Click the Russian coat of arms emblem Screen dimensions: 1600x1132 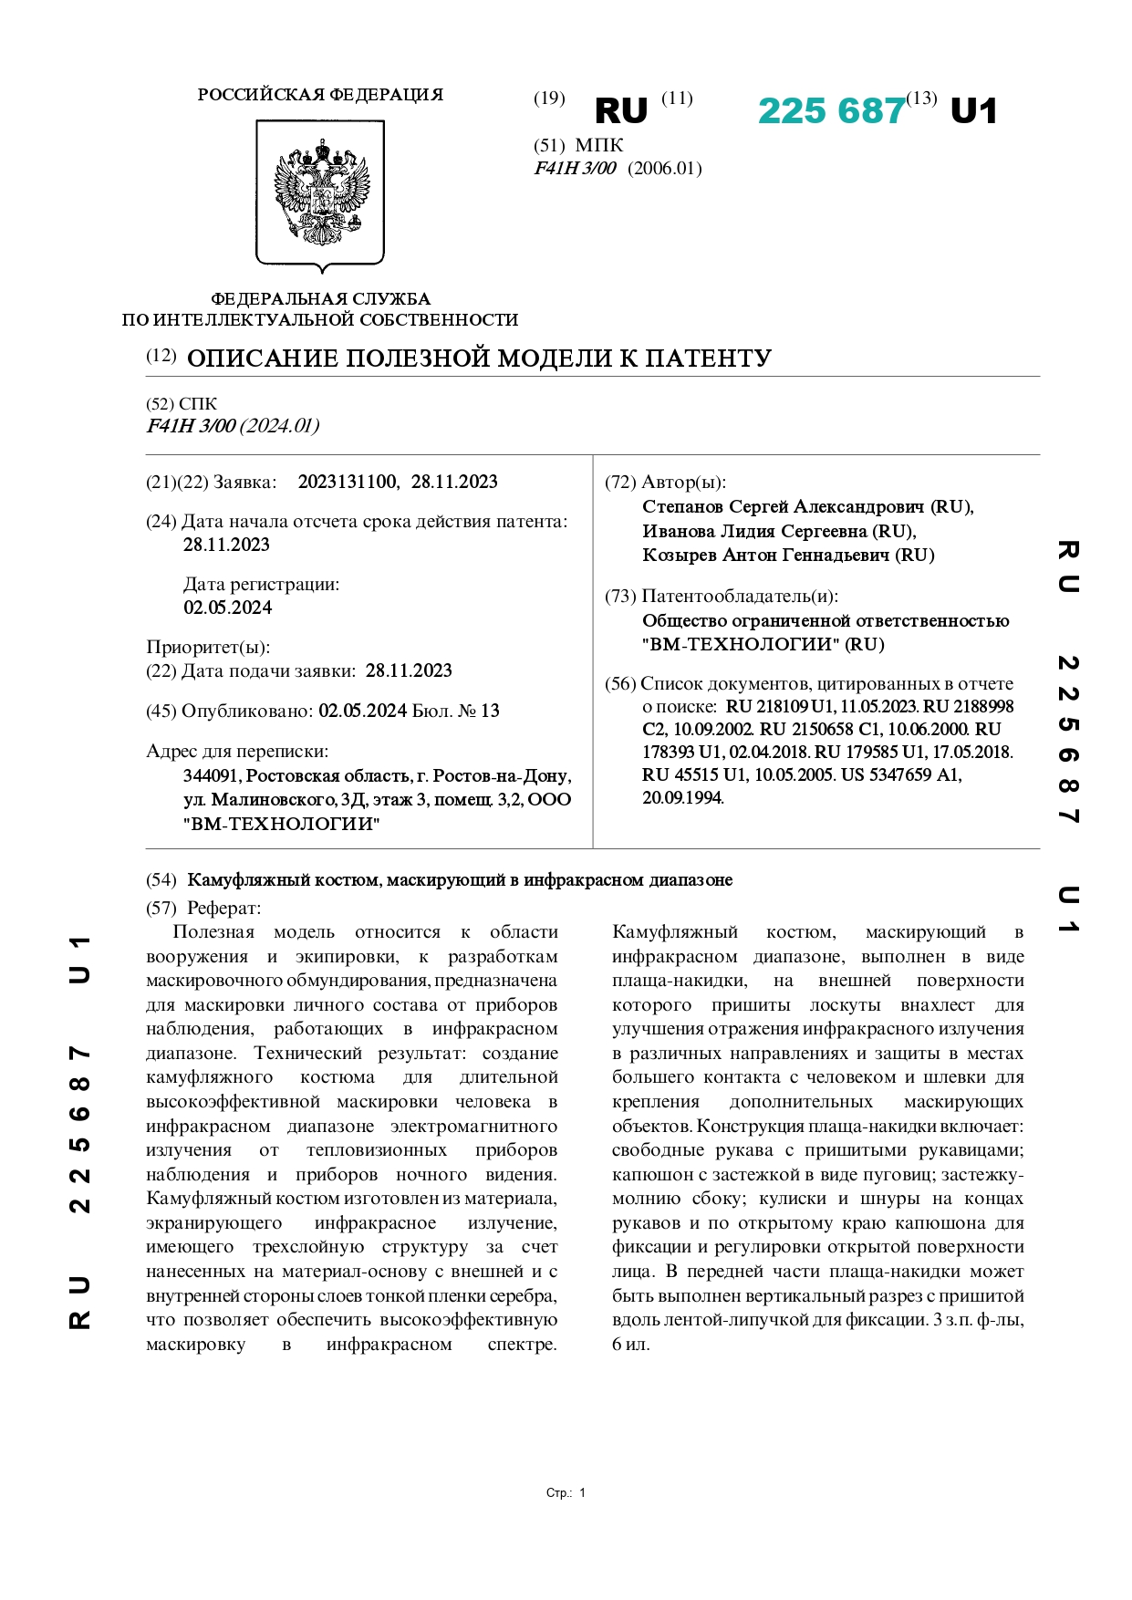[x=320, y=194]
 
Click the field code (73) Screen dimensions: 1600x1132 [x=620, y=597]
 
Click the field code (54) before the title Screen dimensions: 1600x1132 [x=161, y=880]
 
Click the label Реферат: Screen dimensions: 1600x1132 [x=223, y=908]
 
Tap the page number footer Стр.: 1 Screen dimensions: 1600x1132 [x=566, y=1493]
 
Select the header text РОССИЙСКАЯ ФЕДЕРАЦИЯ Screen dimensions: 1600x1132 [x=320, y=95]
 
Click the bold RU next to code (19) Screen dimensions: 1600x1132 [x=620, y=111]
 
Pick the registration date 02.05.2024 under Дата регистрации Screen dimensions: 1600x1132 [x=228, y=608]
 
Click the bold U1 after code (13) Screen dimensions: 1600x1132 [x=973, y=111]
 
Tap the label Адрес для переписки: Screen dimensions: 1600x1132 [x=237, y=752]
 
